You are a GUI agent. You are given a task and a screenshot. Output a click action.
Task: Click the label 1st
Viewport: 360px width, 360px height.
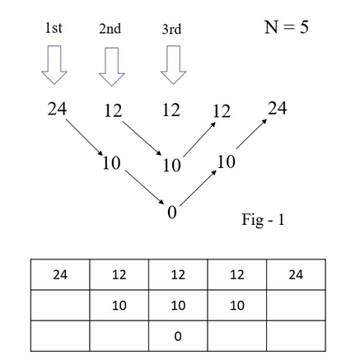pos(54,28)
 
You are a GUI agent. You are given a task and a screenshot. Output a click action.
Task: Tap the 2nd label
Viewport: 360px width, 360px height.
pos(110,29)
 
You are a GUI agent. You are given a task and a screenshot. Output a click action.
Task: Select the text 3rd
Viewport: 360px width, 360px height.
pos(171,29)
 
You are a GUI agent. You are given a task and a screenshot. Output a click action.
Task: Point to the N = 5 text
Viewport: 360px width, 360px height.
pos(287,27)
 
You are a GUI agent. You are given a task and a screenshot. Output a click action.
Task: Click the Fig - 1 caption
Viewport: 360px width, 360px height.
pos(263,220)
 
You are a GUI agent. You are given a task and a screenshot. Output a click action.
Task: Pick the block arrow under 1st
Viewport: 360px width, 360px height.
pos(54,65)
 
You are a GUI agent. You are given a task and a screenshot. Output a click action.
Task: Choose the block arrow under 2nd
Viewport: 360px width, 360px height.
pos(112,67)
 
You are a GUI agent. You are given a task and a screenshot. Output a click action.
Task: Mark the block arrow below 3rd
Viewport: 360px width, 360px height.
pos(174,65)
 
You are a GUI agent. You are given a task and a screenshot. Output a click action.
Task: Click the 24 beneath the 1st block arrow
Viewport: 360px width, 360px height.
pos(57,109)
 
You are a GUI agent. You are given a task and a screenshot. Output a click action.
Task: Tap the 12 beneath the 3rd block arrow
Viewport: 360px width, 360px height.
pos(171,110)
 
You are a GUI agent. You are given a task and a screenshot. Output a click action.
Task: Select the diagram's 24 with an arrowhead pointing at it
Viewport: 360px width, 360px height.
pos(278,108)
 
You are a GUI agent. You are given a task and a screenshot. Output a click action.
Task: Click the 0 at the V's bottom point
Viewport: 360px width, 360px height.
pos(172,213)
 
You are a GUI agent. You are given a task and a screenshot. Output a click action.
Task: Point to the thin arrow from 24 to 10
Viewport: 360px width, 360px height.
pos(84,137)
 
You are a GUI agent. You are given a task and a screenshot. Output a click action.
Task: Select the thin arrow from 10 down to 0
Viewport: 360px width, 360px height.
pos(144,187)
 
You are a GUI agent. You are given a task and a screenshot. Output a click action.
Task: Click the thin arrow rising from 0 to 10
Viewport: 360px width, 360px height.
pos(198,188)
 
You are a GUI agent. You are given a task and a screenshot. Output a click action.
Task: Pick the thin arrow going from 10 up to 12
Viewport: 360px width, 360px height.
pos(199,139)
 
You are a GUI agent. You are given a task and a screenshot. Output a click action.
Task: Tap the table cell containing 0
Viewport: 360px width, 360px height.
pos(178,336)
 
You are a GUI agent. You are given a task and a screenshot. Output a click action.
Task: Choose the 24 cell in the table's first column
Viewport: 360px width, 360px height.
pos(60,274)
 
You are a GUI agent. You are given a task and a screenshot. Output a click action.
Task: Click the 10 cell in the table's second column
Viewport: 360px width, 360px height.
pos(119,306)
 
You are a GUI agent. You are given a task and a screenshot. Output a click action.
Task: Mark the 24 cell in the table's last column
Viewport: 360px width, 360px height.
pos(296,274)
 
